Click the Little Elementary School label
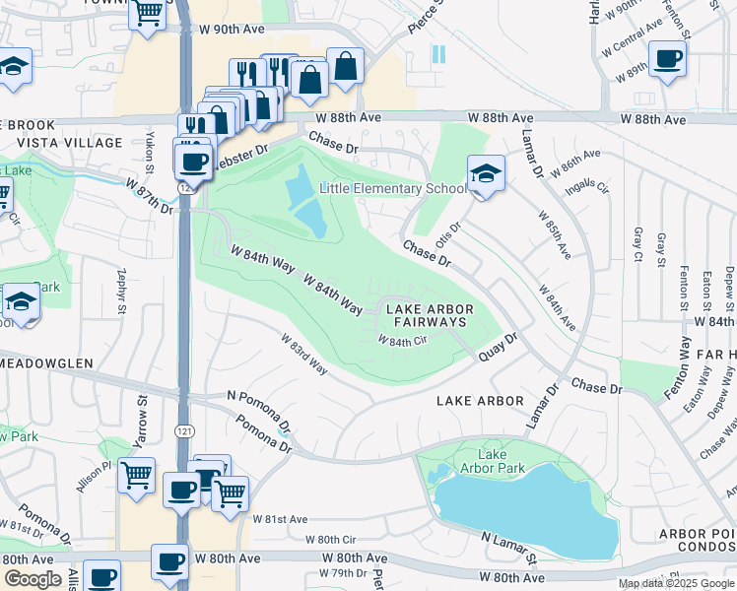tap(392, 189)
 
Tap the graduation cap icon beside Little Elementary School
tap(485, 175)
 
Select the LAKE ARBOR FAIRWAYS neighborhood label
tap(429, 315)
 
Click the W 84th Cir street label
tap(401, 342)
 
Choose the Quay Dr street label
tap(498, 348)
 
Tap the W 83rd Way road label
tap(303, 354)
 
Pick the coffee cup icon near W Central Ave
tap(667, 58)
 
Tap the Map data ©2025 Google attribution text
tap(677, 583)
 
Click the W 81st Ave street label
tap(280, 519)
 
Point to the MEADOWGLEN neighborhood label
tap(41, 360)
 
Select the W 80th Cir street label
tap(330, 539)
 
